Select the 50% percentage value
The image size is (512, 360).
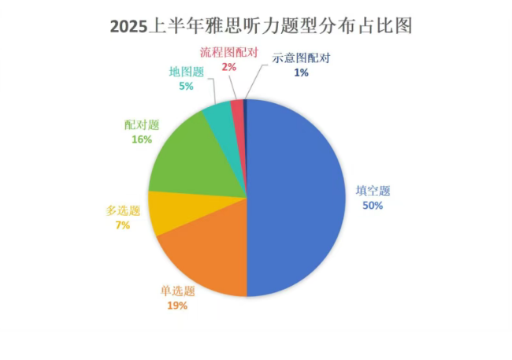tap(373, 206)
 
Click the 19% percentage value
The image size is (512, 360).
tap(178, 306)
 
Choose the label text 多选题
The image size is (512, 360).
tap(122, 211)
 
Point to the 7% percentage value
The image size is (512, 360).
tap(122, 225)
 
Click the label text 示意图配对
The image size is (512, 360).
tap(301, 58)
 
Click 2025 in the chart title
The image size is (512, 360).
tap(128, 25)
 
